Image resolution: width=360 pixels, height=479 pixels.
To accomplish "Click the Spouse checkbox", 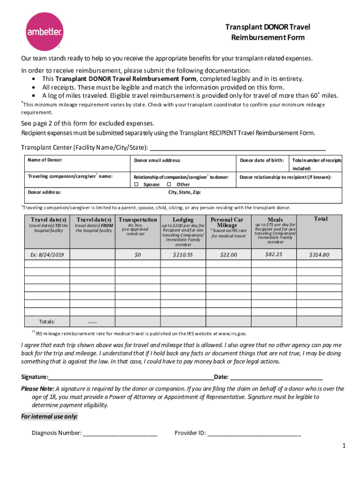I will (x=137, y=184).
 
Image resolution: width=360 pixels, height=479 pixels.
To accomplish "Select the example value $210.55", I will (x=182, y=254).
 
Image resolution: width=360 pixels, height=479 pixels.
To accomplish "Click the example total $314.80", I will (x=319, y=254).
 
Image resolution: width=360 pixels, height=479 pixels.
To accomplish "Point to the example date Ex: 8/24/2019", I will (x=47, y=254).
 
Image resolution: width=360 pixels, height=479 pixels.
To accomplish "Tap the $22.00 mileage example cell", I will (x=228, y=254).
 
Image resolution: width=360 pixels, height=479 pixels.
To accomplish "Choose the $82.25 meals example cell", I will (x=274, y=254).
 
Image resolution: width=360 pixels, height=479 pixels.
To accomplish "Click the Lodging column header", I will (x=183, y=219).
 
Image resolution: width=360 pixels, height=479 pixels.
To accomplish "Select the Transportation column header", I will (x=138, y=219).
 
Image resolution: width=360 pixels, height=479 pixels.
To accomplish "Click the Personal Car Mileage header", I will (x=227, y=222).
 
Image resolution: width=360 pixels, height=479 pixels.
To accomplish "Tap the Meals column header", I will (x=275, y=219).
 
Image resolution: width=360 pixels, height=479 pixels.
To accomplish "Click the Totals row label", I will (x=47, y=322).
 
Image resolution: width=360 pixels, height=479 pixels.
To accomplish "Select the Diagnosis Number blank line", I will (x=120, y=433).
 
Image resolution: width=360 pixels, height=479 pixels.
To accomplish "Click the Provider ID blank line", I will (x=254, y=433).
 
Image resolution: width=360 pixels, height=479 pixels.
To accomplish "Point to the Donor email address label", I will (x=157, y=160).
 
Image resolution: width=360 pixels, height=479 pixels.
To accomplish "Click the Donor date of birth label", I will (x=262, y=160).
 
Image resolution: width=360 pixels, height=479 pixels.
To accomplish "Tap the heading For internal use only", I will (x=50, y=417).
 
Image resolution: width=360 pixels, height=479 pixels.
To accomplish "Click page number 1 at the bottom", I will (x=344, y=446).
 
